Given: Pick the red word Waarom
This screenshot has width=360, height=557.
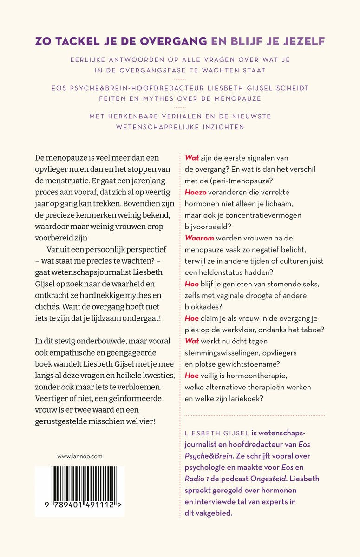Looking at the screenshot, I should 199,238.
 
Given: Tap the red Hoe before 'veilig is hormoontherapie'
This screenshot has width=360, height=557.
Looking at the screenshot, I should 191,376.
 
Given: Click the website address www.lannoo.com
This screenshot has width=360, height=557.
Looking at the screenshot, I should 80,456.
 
